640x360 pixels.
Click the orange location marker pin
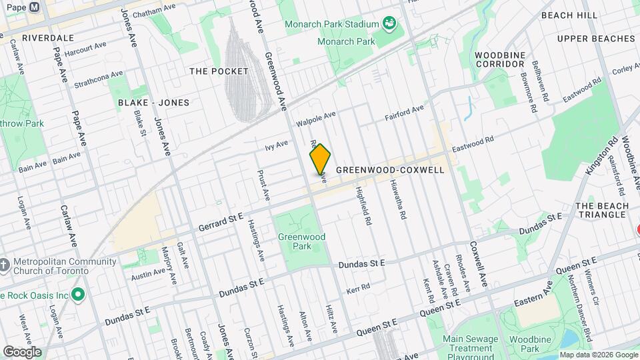[320, 159]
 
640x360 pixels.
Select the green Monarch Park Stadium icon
[389, 25]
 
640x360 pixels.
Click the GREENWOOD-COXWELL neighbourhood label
[390, 170]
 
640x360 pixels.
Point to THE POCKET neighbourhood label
[219, 71]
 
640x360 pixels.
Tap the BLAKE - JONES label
[153, 103]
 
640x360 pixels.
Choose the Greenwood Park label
[301, 241]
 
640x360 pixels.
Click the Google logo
[21, 351]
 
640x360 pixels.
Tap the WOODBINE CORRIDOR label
[500, 59]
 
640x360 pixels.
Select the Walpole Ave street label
[316, 120]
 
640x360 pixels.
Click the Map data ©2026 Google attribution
[597, 355]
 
